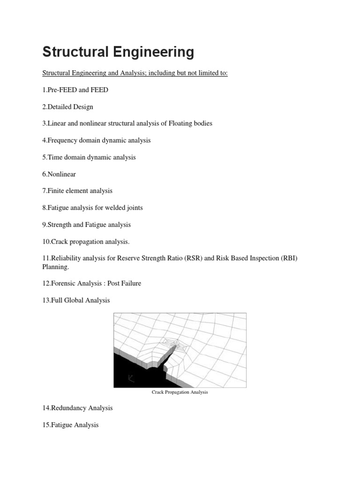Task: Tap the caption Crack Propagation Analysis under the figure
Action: pos(180,392)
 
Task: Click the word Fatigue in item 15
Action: pos(62,425)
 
